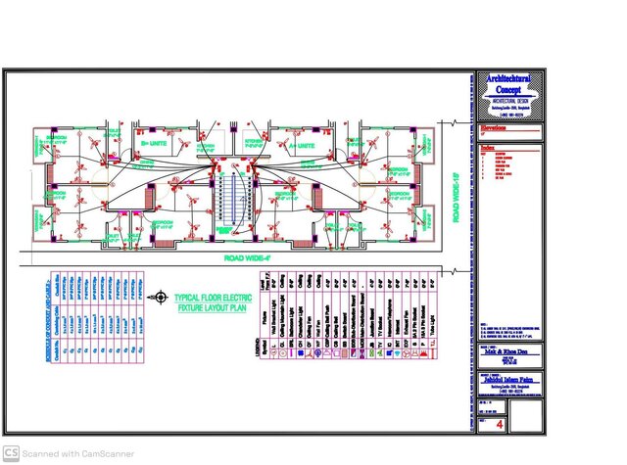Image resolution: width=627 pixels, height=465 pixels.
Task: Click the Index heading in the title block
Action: pos(488,148)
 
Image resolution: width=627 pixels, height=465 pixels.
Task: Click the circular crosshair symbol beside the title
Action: pos(161,297)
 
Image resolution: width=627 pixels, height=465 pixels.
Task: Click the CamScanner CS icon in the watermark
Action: pos(12,453)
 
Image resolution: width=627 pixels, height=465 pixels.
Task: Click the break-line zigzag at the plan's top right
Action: pos(454,122)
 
